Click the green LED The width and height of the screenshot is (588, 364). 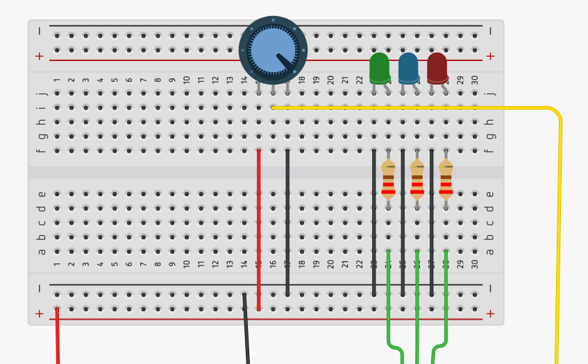point(379,68)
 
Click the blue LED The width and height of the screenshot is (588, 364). point(408,68)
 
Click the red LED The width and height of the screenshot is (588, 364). point(437,68)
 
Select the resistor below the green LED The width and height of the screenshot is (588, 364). point(388,180)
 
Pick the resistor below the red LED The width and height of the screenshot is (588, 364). point(446,180)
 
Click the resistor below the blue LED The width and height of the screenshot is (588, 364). point(417,180)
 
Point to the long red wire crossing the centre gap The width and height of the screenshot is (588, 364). point(259,229)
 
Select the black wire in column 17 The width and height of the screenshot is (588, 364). point(287,222)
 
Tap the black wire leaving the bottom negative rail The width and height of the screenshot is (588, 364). point(246,333)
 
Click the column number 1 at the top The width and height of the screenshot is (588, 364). point(57,80)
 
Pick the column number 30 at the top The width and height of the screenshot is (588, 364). point(475,80)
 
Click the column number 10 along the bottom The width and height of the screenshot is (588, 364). point(187,264)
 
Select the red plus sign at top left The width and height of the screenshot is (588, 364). point(39,56)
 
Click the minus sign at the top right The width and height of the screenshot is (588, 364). point(490,31)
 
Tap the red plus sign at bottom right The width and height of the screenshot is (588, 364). point(490,313)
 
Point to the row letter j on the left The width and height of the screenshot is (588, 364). point(42,93)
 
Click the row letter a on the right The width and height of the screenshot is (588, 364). point(490,251)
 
